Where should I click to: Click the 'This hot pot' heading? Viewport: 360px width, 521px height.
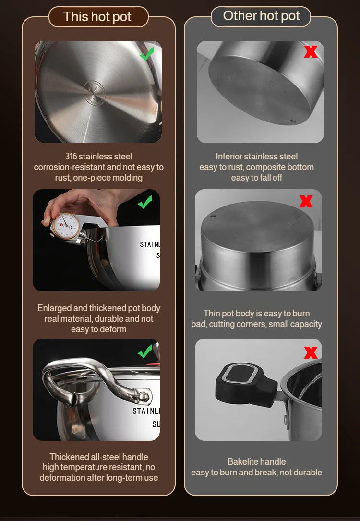click(x=97, y=17)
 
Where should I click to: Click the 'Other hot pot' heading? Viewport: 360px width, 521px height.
click(x=261, y=16)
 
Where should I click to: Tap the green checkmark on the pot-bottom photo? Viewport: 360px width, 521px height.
click(x=147, y=54)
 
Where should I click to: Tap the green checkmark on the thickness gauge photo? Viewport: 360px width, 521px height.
click(x=145, y=202)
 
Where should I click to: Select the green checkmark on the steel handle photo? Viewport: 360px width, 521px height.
click(x=145, y=351)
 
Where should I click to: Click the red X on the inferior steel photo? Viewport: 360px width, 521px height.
click(x=311, y=52)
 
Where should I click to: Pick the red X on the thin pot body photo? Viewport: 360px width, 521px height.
click(x=306, y=201)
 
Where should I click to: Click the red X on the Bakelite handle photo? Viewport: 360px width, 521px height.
click(x=311, y=353)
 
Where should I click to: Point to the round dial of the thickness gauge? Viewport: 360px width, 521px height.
click(x=66, y=226)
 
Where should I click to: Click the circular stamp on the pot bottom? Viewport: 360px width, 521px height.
click(x=94, y=92)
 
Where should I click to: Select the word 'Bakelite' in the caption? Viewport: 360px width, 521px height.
click(x=243, y=461)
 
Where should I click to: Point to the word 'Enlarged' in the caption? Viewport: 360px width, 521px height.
click(x=54, y=308)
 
